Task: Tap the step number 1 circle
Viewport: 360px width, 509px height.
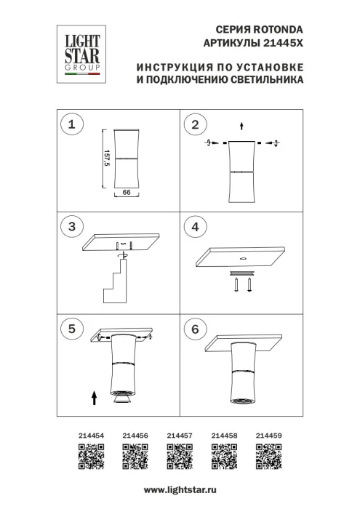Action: pos(71,126)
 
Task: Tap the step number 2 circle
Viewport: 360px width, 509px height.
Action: pos(194,126)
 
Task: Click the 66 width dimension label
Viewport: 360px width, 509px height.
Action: pos(126,193)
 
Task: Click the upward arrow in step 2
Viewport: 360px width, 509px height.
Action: pos(242,125)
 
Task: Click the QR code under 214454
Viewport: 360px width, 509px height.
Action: pos(89,459)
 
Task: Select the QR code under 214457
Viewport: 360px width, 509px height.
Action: pos(180,459)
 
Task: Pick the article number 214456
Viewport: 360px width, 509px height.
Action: pos(136,436)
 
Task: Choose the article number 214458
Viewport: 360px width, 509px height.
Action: pos(224,436)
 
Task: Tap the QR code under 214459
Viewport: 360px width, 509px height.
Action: pos(269,459)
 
